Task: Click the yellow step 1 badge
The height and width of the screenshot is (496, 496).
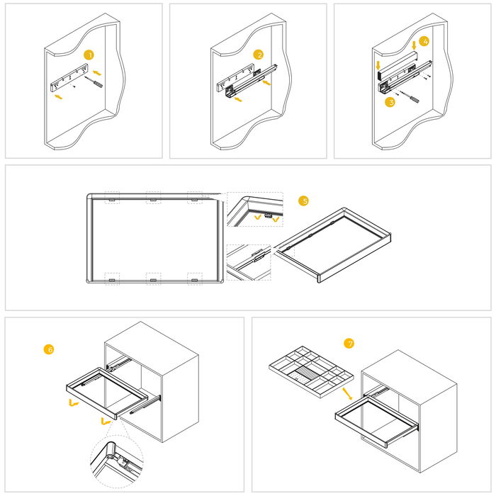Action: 89,55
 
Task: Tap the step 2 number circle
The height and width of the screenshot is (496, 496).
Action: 259,55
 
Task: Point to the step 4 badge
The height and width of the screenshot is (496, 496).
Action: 424,42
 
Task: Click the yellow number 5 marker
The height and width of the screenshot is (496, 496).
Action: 304,201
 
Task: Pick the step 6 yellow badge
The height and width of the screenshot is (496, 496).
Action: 49,349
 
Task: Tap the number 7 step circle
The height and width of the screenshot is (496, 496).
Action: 349,344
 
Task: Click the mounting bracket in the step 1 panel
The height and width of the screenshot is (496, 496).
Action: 69,78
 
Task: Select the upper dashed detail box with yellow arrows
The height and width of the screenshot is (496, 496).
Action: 254,210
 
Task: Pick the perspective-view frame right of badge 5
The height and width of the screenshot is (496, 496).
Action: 333,244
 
